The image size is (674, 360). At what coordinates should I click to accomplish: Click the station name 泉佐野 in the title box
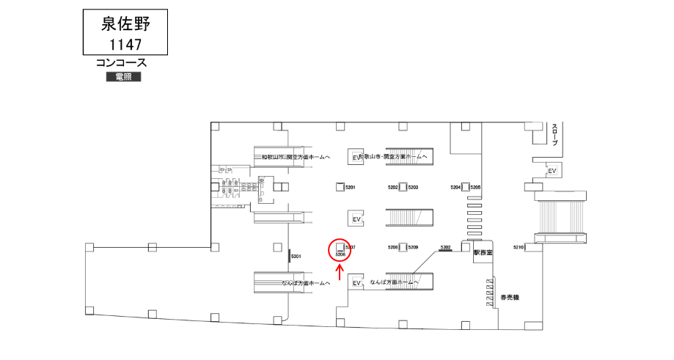point(125,24)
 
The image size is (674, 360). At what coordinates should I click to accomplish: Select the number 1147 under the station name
point(125,44)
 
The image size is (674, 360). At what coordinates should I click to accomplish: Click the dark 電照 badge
point(122,77)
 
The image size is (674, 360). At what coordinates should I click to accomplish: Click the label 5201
point(350,188)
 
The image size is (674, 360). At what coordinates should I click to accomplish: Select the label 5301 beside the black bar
point(297,256)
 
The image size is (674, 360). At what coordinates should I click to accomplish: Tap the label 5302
point(444,248)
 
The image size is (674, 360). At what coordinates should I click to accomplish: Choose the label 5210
point(519,248)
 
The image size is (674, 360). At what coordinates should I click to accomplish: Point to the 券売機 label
point(510,298)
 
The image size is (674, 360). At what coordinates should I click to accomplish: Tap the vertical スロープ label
point(555,135)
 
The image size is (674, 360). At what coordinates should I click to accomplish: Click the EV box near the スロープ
point(552,171)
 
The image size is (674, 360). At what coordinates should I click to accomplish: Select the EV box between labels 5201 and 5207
point(357,219)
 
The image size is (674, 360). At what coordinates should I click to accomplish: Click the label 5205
point(475,188)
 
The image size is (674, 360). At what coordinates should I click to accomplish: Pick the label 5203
point(413,188)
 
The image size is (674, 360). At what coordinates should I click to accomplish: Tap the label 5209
point(413,248)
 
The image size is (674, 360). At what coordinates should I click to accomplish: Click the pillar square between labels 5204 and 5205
point(465,188)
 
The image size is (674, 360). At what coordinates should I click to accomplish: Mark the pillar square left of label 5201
point(340,187)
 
